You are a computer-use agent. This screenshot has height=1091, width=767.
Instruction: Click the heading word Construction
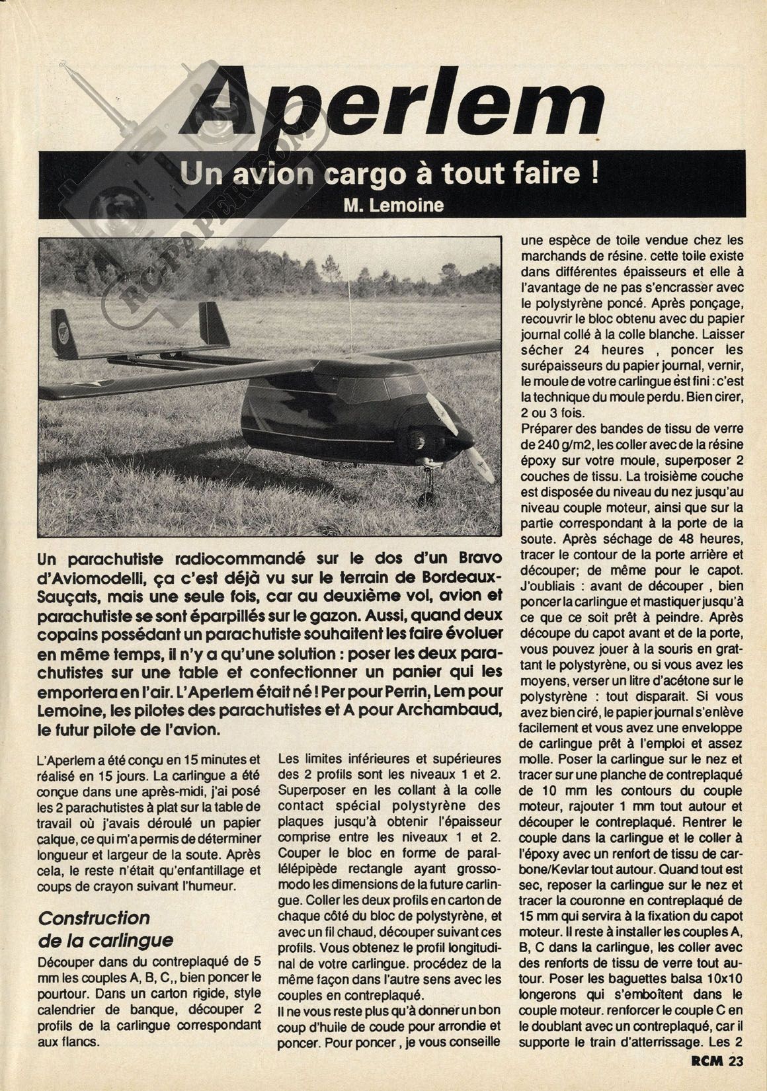(x=95, y=918)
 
